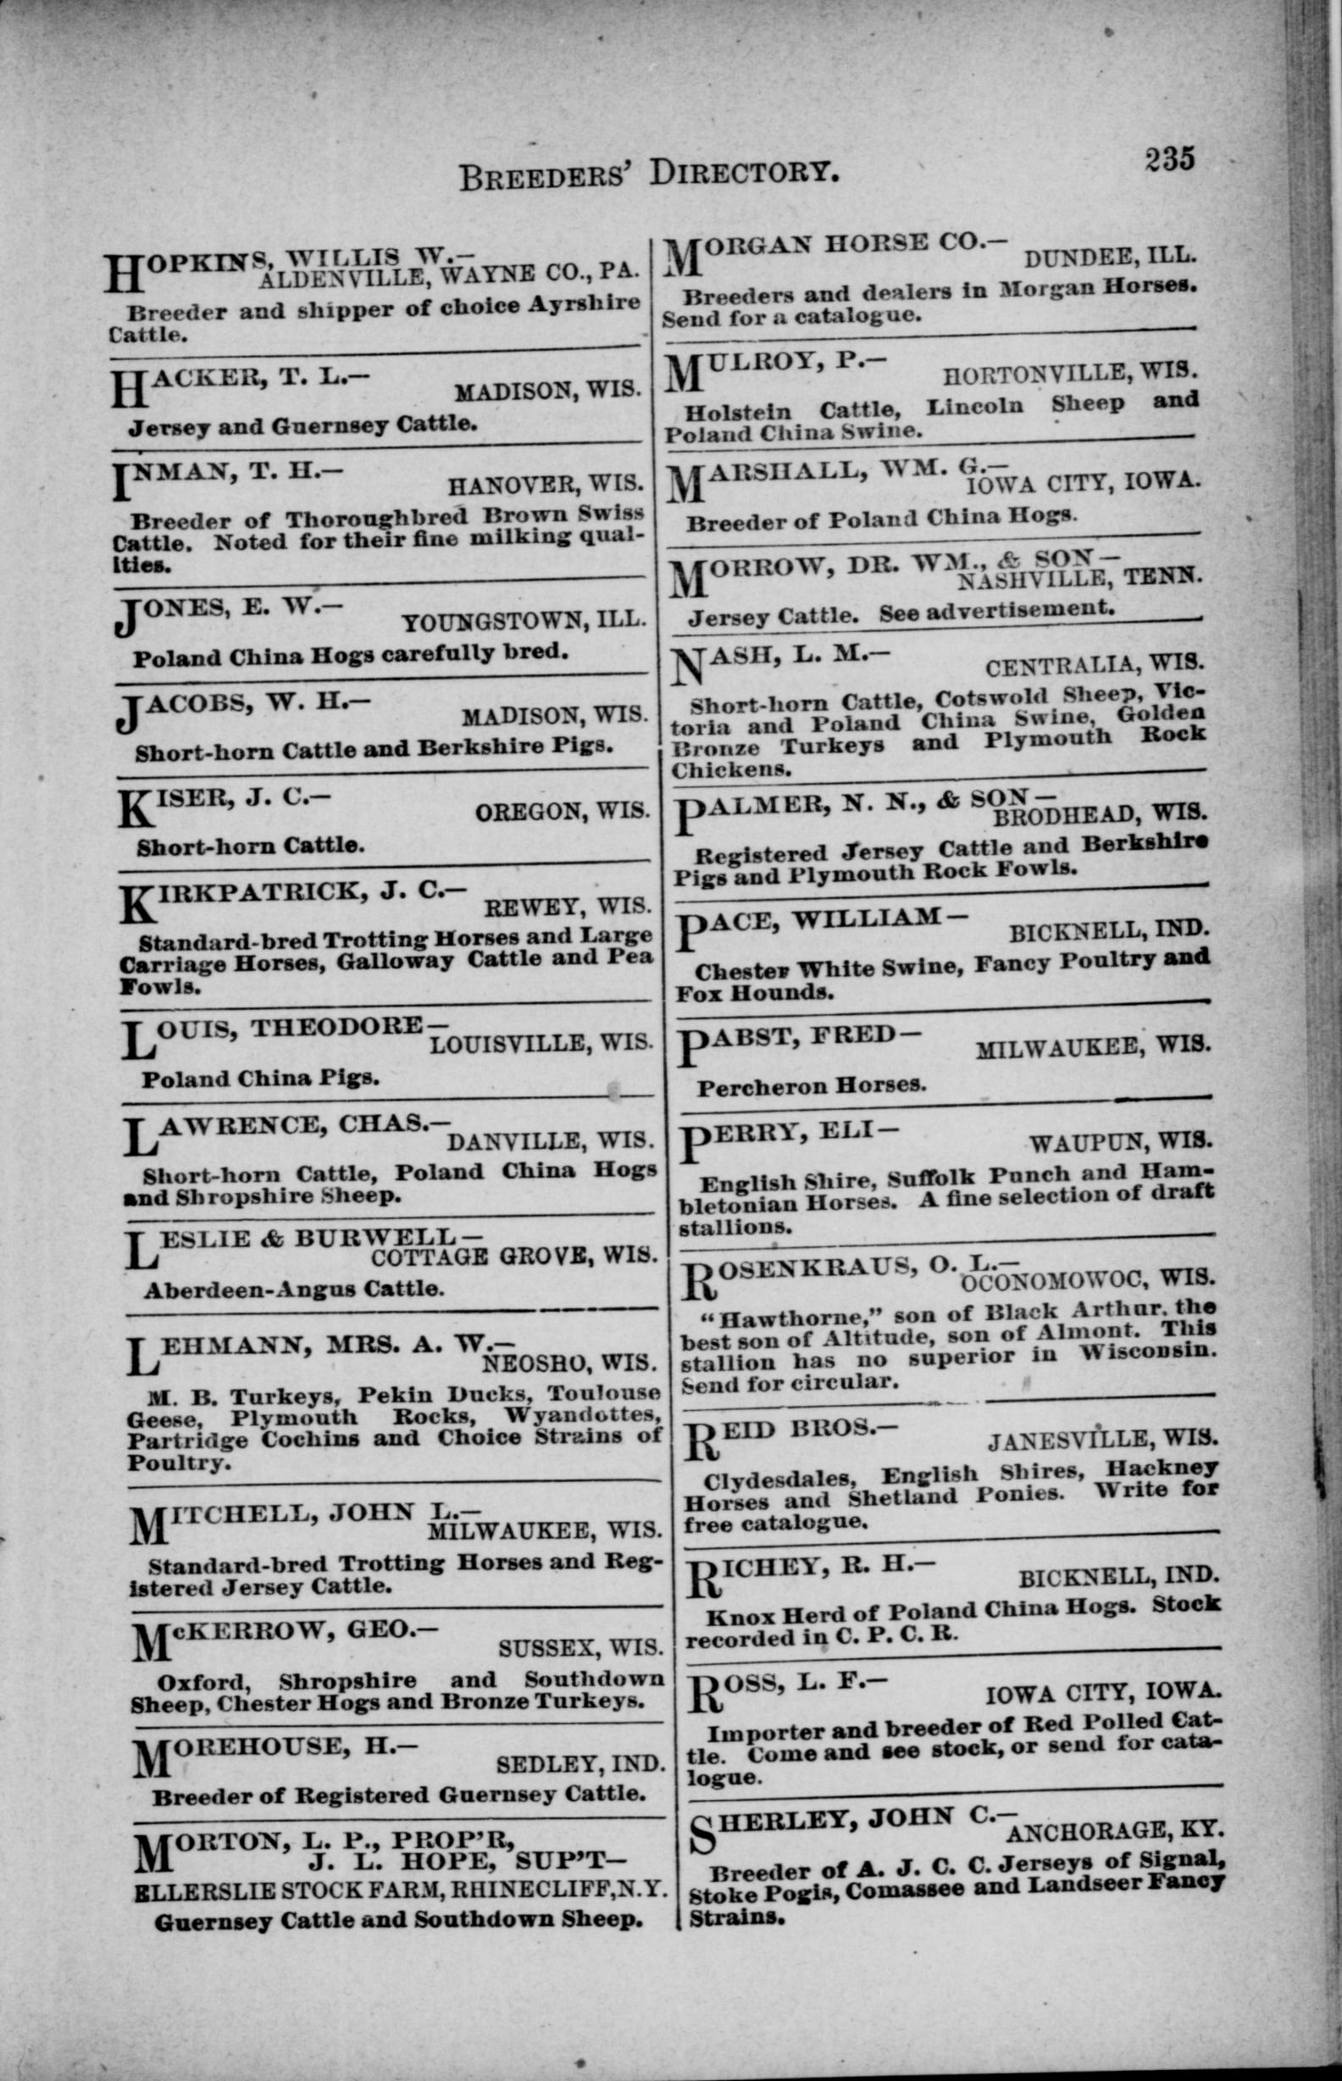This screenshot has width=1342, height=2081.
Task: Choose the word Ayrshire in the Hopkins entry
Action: click(x=588, y=303)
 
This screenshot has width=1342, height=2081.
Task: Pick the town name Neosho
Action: click(x=531, y=1362)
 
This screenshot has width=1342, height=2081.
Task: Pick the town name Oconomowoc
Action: click(x=1044, y=1280)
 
